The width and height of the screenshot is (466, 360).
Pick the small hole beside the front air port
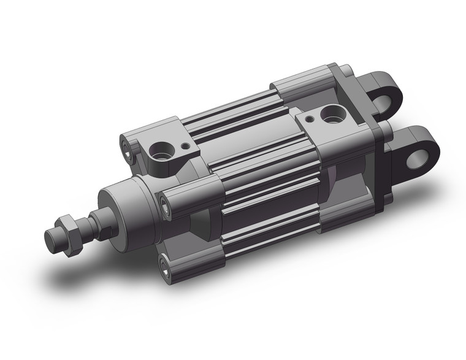click(x=184, y=147)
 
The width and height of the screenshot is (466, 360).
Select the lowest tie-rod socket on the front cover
click(x=164, y=265)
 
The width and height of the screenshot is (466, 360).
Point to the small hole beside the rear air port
click(x=311, y=118)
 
